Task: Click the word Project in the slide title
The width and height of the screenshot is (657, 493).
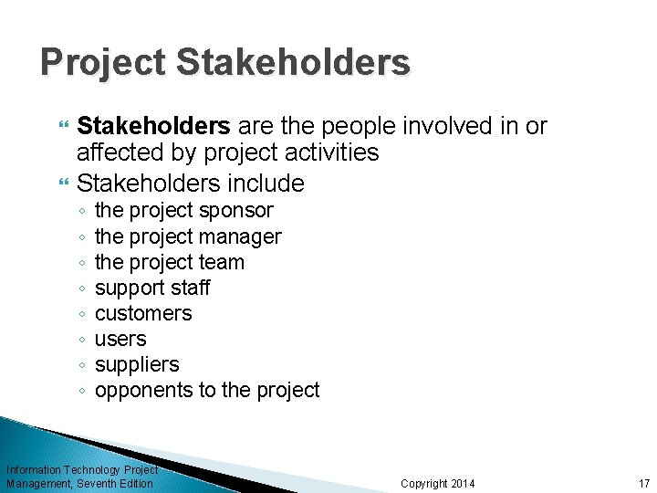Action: tap(102, 63)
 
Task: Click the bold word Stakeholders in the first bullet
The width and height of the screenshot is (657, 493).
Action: tap(152, 126)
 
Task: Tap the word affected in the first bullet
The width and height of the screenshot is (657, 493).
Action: tap(115, 152)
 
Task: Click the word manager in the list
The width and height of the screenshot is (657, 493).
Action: tap(244, 236)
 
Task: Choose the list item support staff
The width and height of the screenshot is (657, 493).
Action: tap(152, 288)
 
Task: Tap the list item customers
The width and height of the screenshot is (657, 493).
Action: tap(143, 313)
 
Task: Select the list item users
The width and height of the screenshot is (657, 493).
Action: tap(120, 339)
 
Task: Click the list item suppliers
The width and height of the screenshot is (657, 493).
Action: tap(137, 364)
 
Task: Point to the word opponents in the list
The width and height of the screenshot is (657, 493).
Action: tap(141, 390)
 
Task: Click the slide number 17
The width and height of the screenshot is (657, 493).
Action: tap(644, 483)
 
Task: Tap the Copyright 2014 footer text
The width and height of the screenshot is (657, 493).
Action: tap(438, 483)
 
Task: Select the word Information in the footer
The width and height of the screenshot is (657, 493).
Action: tap(34, 469)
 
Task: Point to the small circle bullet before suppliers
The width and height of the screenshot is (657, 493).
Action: tap(82, 365)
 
